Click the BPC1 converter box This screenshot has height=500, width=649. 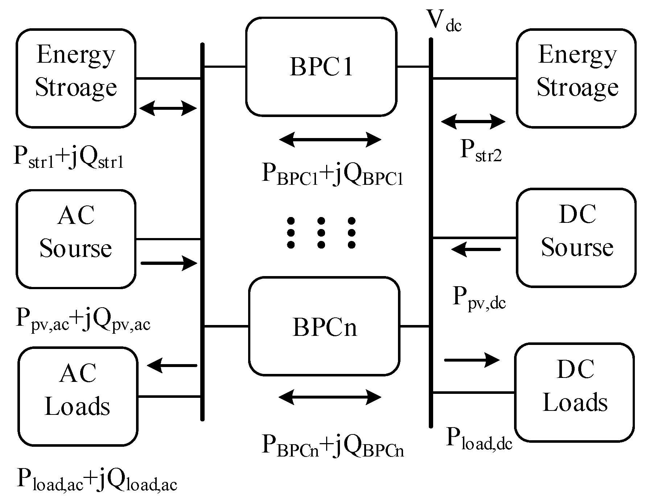click(321, 67)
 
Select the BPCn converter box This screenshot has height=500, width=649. click(324, 326)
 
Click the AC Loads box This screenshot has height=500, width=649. click(78, 396)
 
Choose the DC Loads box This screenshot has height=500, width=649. click(575, 392)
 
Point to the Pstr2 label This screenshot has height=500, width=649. click(481, 151)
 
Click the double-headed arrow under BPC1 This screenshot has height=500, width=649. click(330, 139)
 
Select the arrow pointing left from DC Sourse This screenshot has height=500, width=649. click(476, 250)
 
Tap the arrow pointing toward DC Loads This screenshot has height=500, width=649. click(472, 360)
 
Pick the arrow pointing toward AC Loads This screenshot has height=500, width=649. click(172, 366)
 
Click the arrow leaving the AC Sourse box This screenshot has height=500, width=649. click(169, 263)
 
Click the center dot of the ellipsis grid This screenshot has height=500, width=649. click(321, 232)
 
